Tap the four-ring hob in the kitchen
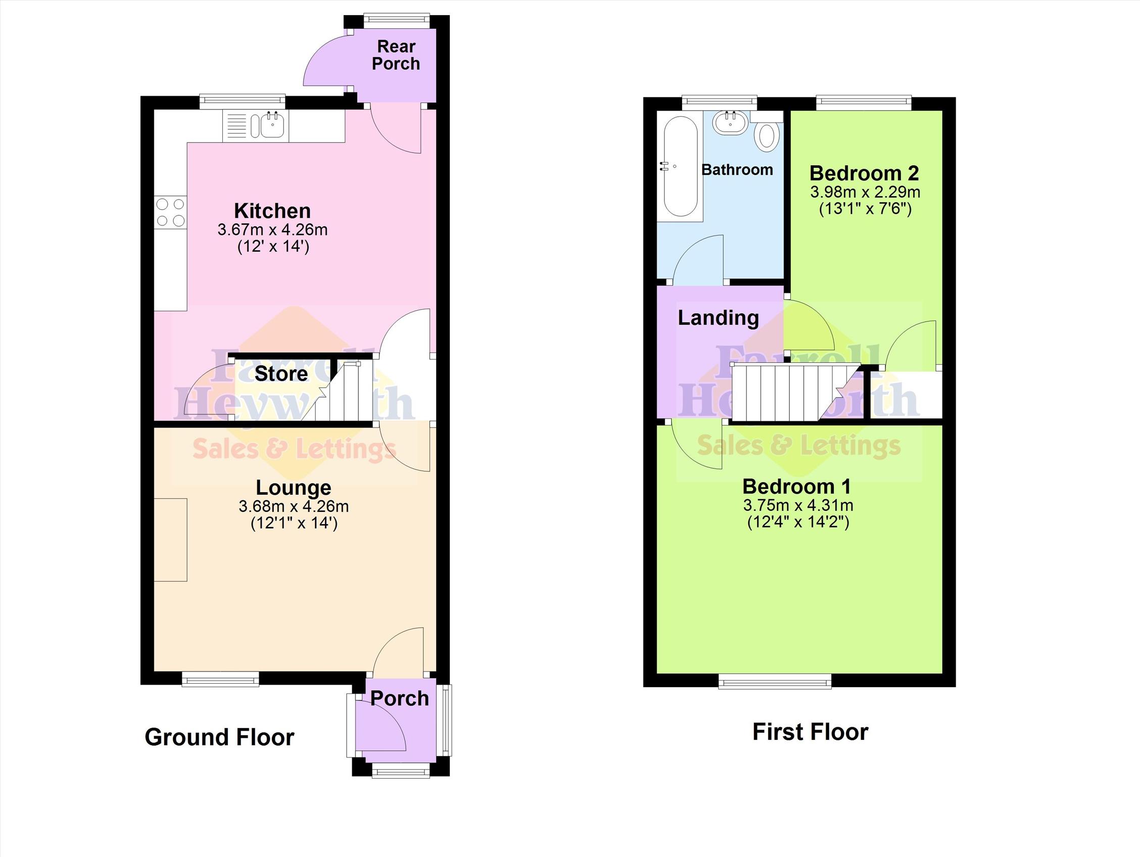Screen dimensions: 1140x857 point(171,212)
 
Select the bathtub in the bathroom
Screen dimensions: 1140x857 point(680,166)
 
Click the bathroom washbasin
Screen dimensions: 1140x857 point(730,123)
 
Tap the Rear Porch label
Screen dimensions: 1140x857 point(396,55)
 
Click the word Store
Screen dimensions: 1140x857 point(281,373)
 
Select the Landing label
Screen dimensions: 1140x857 point(718,318)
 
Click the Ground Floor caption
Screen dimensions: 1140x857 point(219,737)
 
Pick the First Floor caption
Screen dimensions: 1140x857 point(810,732)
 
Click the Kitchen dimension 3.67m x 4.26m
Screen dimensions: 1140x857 point(273,229)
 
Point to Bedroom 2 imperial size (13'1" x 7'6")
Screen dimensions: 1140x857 point(865,209)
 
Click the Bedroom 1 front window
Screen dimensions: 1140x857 point(775,682)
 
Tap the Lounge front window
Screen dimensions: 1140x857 point(221,679)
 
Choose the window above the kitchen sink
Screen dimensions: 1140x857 point(242,102)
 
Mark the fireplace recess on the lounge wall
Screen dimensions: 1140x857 point(171,540)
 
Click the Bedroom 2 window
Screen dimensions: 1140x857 point(864,103)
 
